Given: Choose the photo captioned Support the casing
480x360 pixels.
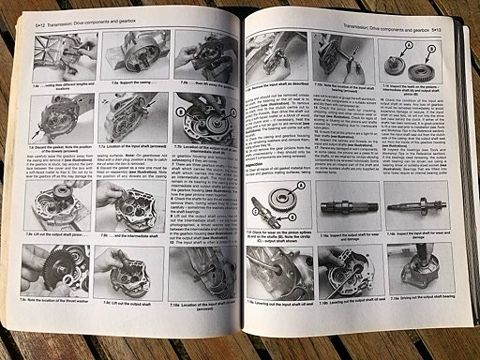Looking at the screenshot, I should [x=116, y=65].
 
